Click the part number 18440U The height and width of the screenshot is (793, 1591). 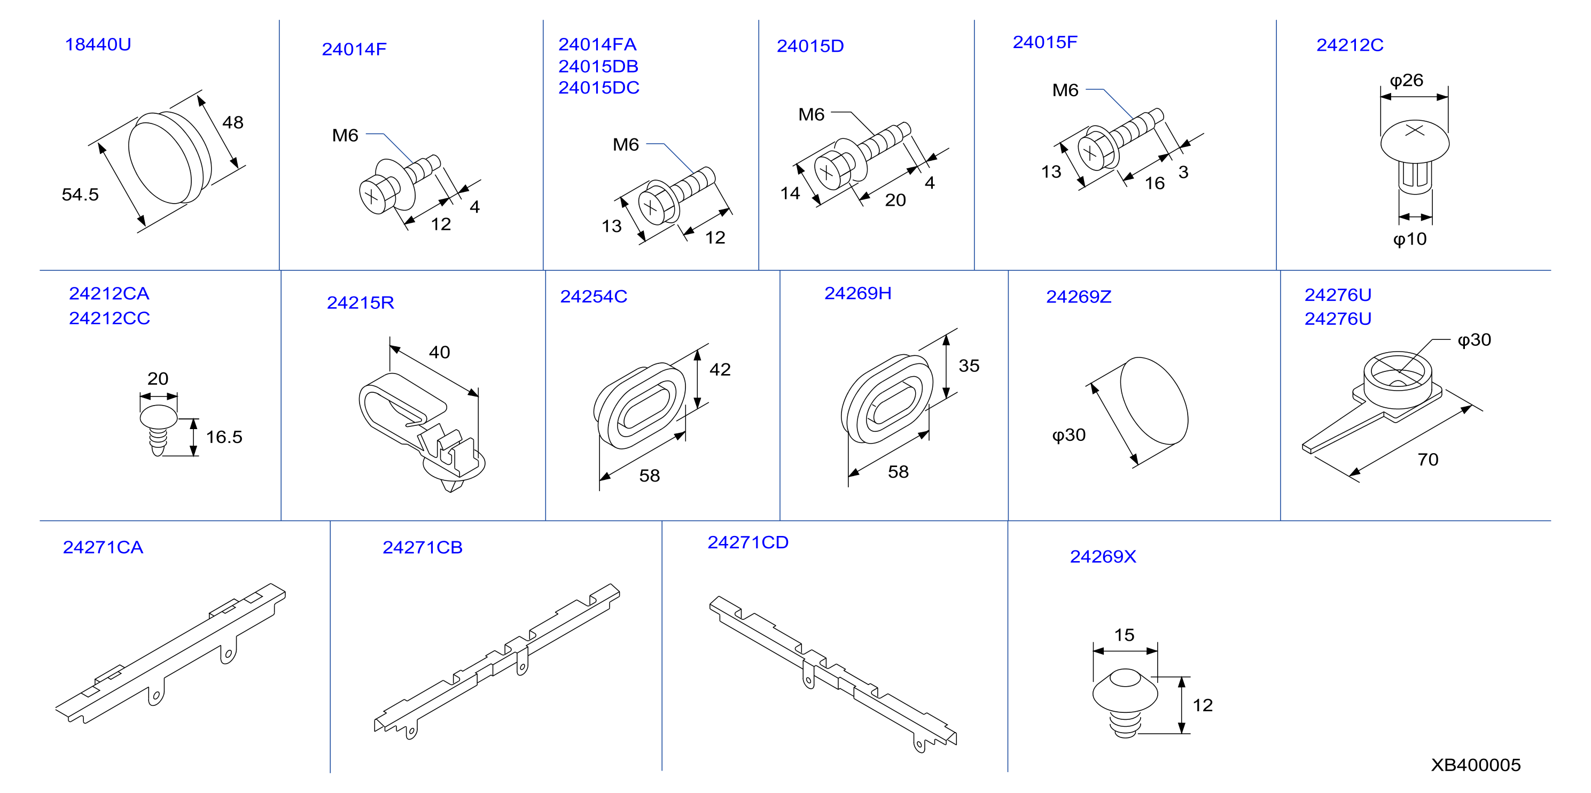[x=98, y=44]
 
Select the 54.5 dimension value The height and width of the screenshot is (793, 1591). [x=80, y=195]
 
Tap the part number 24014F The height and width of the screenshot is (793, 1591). [x=354, y=49]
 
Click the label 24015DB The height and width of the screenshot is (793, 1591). [x=598, y=66]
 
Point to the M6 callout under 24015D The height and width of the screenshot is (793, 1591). [x=811, y=114]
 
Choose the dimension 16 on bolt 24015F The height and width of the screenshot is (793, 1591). [x=1155, y=183]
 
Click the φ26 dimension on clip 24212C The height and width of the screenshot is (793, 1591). [x=1406, y=80]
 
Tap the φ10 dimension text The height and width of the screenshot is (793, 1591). [x=1409, y=239]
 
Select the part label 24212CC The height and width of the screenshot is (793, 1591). [x=110, y=318]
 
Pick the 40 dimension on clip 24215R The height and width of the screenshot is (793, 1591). [x=439, y=352]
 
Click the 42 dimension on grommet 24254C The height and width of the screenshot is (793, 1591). [x=720, y=369]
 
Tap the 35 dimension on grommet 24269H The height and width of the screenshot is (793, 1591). [x=969, y=366]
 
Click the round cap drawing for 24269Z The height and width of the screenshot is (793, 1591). [x=1152, y=401]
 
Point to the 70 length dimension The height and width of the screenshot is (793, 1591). [x=1428, y=460]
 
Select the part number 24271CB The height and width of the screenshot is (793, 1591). [x=423, y=547]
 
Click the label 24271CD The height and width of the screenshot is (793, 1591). [x=747, y=542]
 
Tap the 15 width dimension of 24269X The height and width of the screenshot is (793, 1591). [x=1124, y=635]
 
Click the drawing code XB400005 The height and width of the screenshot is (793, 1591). [x=1476, y=765]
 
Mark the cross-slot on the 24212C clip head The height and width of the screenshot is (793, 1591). [x=1414, y=130]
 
